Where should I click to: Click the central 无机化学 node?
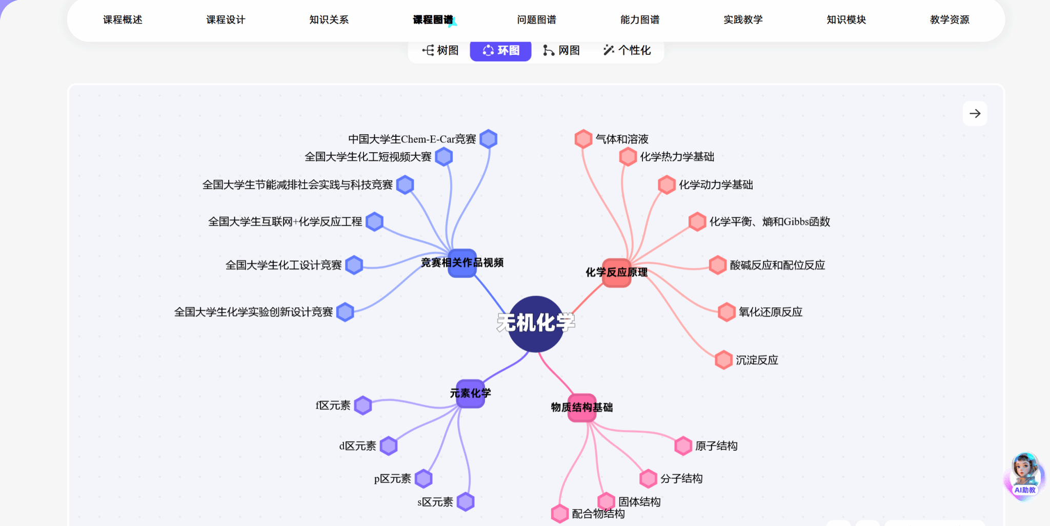point(536,324)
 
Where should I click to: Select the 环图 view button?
point(501,50)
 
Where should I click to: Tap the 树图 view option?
point(440,50)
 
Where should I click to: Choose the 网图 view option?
point(562,50)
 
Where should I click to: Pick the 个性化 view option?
point(627,50)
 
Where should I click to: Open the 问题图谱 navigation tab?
point(536,19)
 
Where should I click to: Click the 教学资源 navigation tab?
point(950,19)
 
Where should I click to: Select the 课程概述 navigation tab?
point(123,19)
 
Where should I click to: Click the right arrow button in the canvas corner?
point(975,114)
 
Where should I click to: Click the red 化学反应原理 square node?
point(616,272)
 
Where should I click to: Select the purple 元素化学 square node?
point(470,393)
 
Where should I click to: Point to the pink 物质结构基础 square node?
point(582,408)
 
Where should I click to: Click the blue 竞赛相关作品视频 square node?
point(462,263)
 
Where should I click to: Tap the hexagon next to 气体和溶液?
point(583,139)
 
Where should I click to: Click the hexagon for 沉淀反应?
point(723,360)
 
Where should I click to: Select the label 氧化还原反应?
point(770,312)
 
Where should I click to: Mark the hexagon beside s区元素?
point(466,502)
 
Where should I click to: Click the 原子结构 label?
point(716,446)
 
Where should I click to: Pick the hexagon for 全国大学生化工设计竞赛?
point(354,265)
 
